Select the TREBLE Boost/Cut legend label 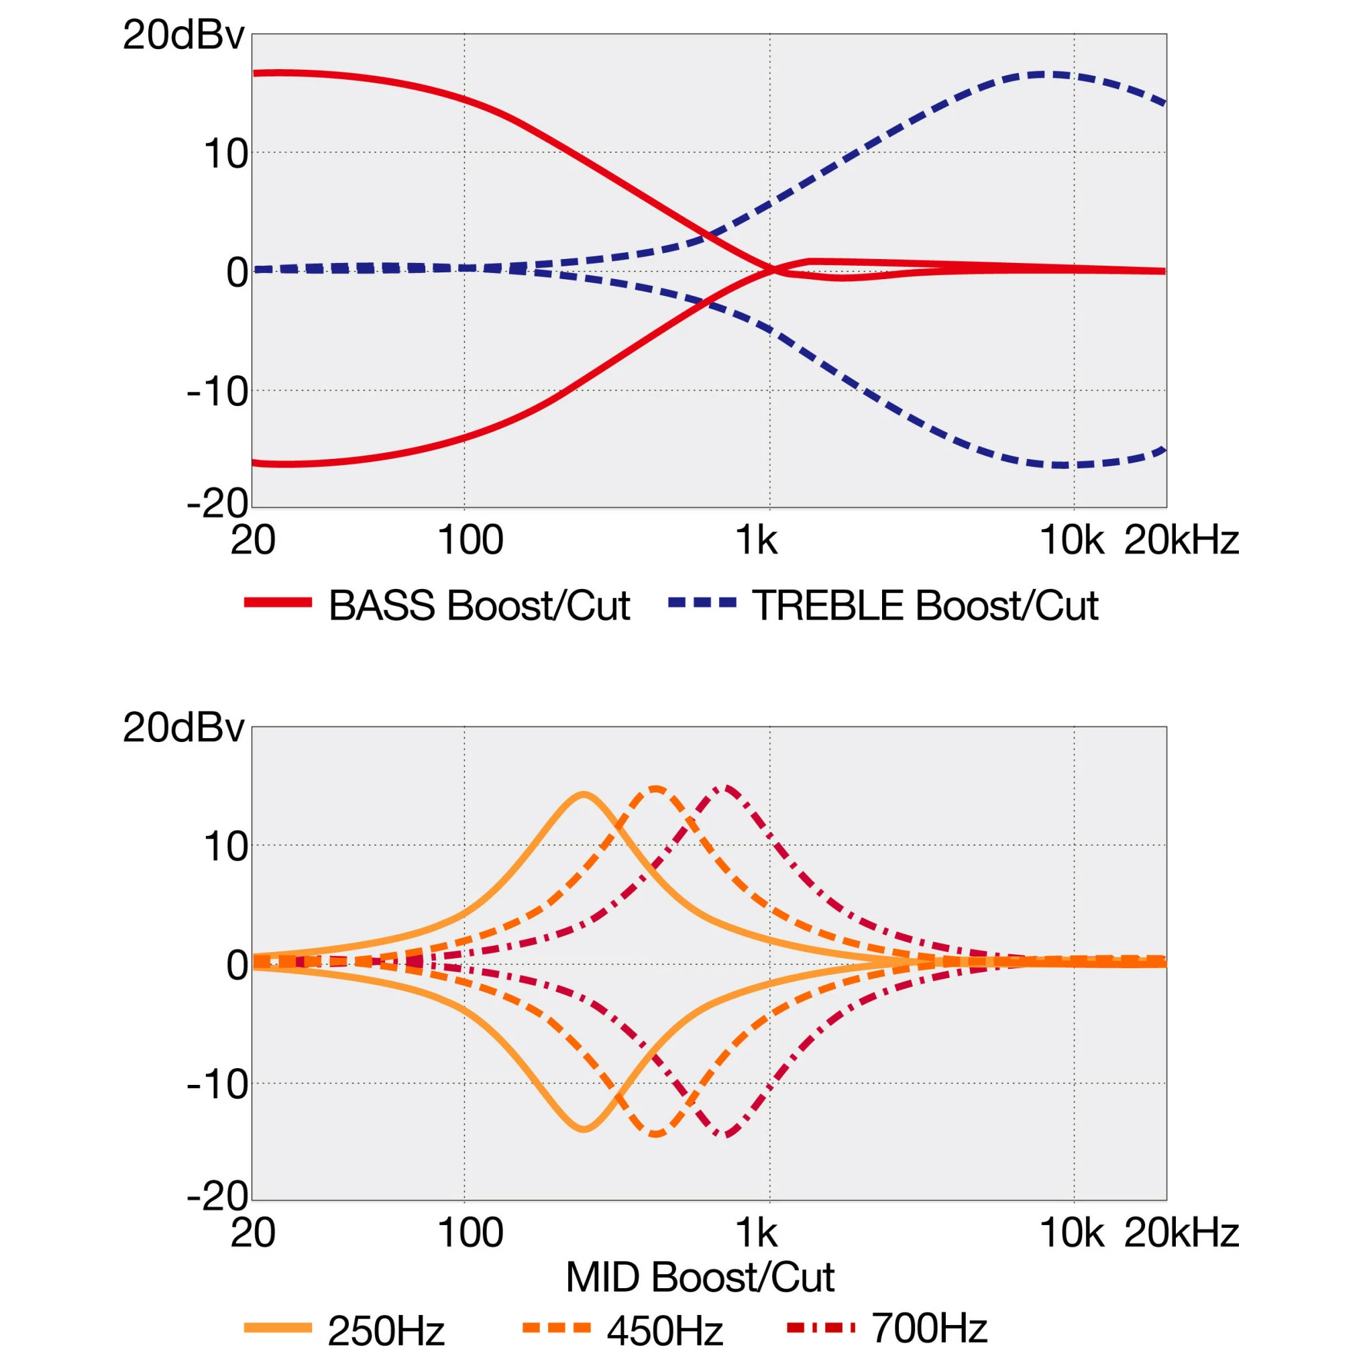925,605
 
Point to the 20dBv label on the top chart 183,36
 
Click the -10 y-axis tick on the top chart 217,391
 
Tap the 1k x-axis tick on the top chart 756,541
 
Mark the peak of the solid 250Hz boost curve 584,794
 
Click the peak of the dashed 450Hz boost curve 656,788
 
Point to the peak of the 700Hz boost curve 726,788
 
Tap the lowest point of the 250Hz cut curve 584,1129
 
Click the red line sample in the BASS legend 278,603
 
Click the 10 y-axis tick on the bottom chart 225,847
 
